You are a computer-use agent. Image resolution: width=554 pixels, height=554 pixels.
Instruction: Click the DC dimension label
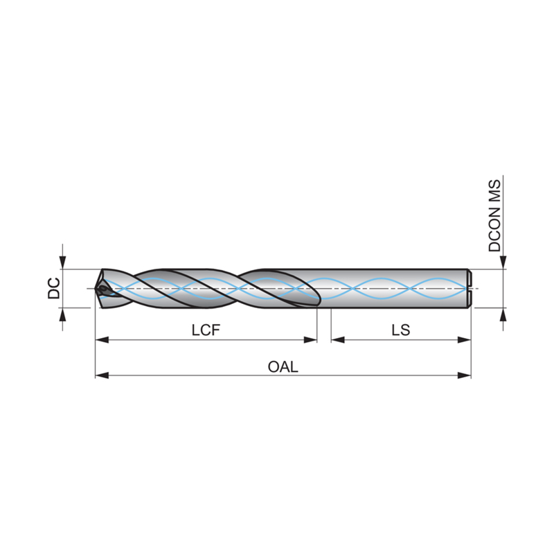click(54, 288)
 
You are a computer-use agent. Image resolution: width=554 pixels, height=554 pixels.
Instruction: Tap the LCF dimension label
click(206, 330)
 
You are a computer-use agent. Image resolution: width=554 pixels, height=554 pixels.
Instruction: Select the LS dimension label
click(401, 330)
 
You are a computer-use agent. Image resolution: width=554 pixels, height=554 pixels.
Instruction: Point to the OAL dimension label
click(283, 367)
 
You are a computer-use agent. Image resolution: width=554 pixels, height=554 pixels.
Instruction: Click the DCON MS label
click(494, 215)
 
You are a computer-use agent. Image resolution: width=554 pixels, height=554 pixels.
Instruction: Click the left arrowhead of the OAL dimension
click(102, 375)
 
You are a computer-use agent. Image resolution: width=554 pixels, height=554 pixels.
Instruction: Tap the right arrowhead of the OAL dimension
click(464, 375)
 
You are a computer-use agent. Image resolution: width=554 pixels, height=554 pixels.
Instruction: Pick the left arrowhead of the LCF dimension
click(102, 340)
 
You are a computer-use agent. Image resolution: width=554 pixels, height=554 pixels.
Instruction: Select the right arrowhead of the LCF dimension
click(310, 340)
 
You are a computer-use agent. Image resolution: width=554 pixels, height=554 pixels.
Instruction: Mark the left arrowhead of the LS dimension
click(338, 340)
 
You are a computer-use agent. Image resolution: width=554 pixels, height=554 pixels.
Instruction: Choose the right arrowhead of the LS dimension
click(464, 340)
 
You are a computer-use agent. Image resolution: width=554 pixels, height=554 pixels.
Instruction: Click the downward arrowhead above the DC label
click(62, 262)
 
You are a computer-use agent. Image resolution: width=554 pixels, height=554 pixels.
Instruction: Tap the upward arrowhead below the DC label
click(62, 314)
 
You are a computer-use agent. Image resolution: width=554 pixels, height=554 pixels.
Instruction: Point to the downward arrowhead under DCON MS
click(503, 262)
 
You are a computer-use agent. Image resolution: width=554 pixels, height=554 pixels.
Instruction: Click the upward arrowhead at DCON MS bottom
click(503, 314)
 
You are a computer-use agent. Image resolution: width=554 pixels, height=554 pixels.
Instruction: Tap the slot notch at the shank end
click(470, 289)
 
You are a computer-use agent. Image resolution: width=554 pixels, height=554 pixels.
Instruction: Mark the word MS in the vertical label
click(494, 191)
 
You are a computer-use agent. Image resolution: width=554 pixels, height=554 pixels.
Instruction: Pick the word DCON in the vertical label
click(494, 229)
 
